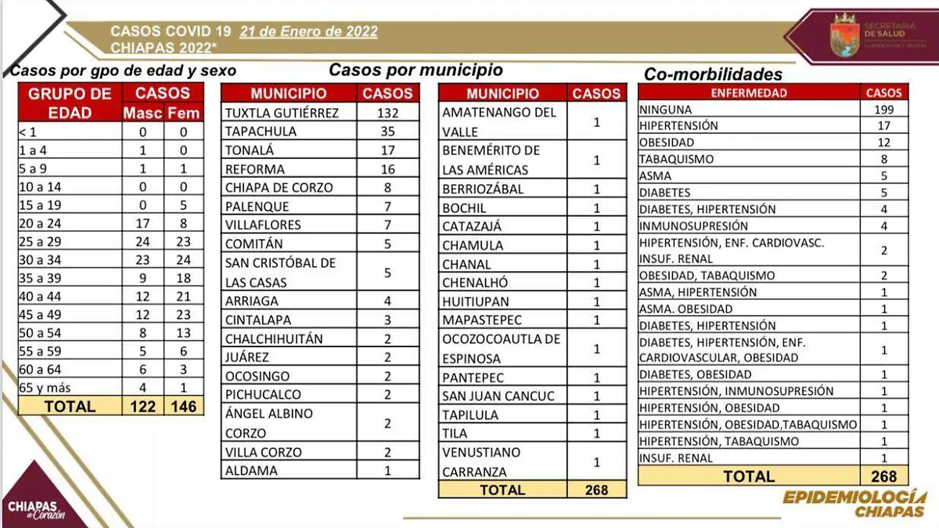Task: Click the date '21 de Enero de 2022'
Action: [308, 32]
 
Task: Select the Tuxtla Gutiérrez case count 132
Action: [387, 113]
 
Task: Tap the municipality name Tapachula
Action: [261, 132]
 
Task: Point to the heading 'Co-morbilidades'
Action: [713, 74]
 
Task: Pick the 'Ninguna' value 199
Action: [883, 110]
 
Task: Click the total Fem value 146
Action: [182, 407]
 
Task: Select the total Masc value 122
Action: [142, 407]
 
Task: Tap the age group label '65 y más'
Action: [45, 388]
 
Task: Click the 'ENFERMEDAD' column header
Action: [749, 92]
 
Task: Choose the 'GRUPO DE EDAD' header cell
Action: [70, 103]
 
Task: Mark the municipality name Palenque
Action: [257, 207]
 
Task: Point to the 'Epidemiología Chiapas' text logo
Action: [854, 504]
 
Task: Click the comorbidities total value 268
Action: [883, 476]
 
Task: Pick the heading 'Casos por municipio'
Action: [416, 70]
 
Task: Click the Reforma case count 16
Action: [387, 169]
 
